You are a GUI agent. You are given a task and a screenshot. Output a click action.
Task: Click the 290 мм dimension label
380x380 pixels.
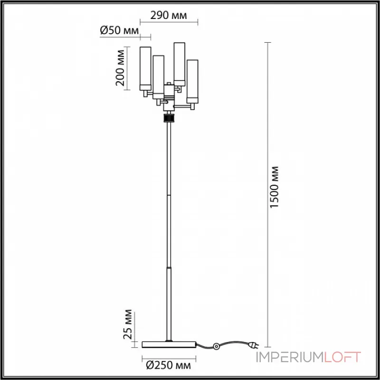coord(169,15)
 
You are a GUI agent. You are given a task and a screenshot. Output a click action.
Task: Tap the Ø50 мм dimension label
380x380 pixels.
coord(119,31)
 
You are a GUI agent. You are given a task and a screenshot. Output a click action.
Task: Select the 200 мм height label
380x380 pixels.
coord(120,68)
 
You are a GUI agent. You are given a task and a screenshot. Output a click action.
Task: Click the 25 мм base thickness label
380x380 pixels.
coord(127,324)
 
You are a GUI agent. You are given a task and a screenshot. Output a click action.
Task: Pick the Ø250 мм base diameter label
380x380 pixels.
coord(169,365)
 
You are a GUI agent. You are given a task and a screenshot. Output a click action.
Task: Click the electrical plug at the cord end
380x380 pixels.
coord(254,344)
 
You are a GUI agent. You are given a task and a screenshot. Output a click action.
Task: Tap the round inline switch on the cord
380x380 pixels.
coord(216,346)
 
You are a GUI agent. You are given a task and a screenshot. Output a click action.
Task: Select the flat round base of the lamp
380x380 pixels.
coord(169,344)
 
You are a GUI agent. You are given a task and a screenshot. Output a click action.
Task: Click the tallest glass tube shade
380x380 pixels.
coord(180,64)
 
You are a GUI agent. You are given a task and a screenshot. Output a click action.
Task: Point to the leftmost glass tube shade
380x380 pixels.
coord(145,68)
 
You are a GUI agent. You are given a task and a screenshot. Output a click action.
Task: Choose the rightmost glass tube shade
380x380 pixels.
coord(192,81)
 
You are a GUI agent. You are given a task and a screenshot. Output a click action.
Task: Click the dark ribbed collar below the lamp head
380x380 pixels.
coord(169,118)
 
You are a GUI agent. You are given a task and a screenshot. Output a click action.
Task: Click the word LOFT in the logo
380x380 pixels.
coord(342,357)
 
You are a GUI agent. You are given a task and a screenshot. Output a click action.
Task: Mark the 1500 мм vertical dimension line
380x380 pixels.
coord(267,195)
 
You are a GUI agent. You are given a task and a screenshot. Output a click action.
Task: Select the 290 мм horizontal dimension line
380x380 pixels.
coord(169,22)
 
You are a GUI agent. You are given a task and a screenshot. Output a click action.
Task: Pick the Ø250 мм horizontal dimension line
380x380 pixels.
coord(169,358)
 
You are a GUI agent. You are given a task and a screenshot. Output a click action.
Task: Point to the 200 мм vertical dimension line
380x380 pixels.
coord(127,68)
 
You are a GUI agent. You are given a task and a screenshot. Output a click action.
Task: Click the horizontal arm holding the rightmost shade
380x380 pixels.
coord(182,106)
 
